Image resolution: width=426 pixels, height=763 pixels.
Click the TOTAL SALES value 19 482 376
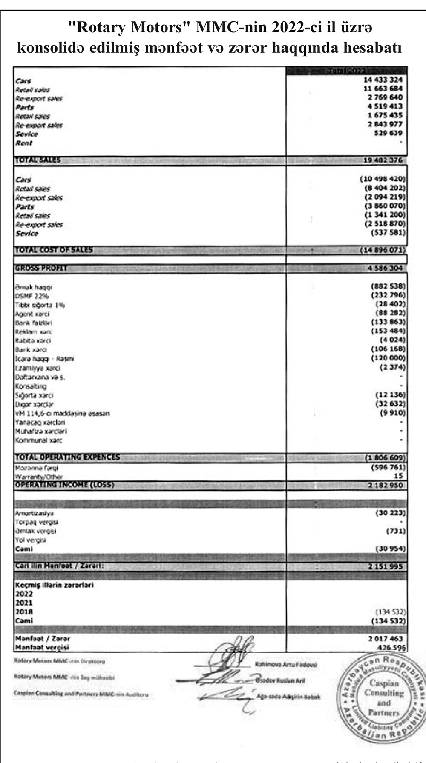pos(383,160)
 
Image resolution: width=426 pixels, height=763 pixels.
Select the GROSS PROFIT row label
pos(41,269)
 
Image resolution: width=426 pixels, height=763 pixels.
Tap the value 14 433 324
pos(383,80)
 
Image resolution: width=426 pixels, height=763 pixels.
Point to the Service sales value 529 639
pos(388,133)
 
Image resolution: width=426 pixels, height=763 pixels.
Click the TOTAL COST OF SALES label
pos(54,250)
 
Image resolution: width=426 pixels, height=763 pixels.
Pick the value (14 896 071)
pos(383,250)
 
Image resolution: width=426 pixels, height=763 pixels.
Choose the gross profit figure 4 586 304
pos(385,269)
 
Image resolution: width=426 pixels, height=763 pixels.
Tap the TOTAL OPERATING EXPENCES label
pos(67,457)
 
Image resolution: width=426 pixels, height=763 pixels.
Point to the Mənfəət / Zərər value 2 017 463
pos(385,639)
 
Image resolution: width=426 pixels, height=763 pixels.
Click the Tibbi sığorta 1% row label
pos(40,305)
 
